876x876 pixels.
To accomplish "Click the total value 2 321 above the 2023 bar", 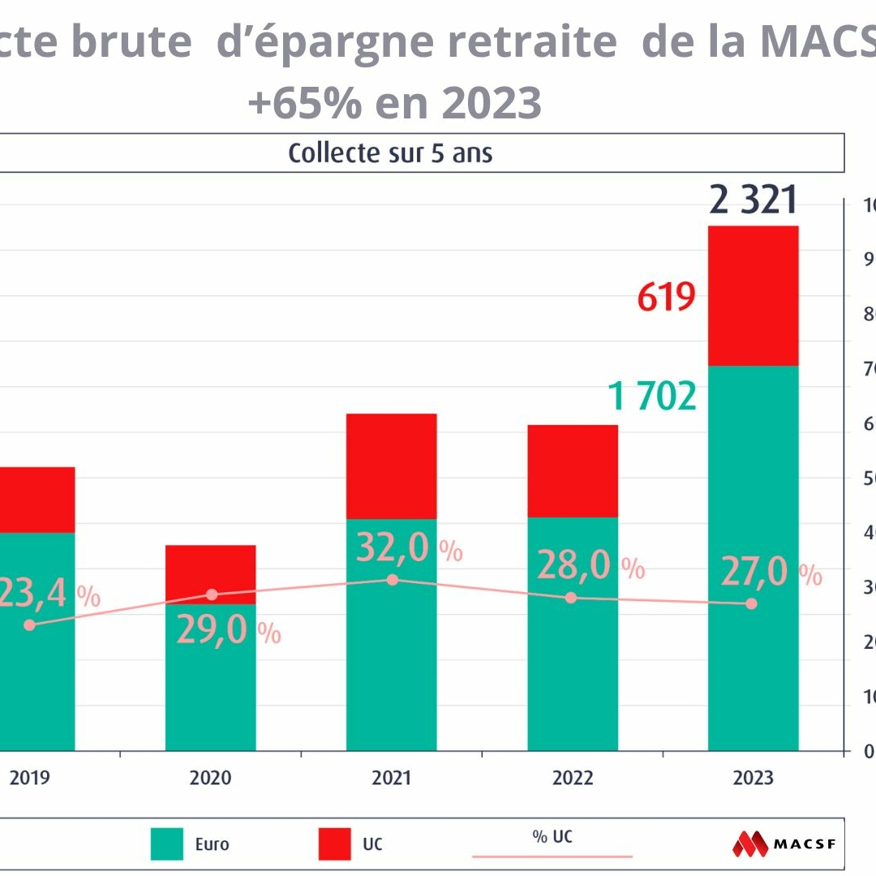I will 754,200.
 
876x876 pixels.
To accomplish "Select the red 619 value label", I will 666,298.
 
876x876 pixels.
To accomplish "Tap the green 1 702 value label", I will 652,397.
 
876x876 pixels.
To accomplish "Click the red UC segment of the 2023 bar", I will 754,296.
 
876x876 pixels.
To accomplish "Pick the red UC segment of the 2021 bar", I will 392,466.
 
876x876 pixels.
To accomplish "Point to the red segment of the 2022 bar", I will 573,471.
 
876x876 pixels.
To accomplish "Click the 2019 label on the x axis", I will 30,778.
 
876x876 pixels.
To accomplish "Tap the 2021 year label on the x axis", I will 392,778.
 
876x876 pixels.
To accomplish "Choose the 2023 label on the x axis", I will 754,778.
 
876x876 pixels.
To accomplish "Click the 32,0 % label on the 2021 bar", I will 409,549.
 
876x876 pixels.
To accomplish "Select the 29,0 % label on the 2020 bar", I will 228,631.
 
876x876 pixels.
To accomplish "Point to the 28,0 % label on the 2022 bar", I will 590,566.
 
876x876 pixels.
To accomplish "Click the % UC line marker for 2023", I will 751,603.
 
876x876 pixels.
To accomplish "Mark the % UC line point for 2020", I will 212,595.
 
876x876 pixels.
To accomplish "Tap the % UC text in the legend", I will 552,836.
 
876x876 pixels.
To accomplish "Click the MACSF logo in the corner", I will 788,844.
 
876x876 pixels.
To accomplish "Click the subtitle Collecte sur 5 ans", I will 390,153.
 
